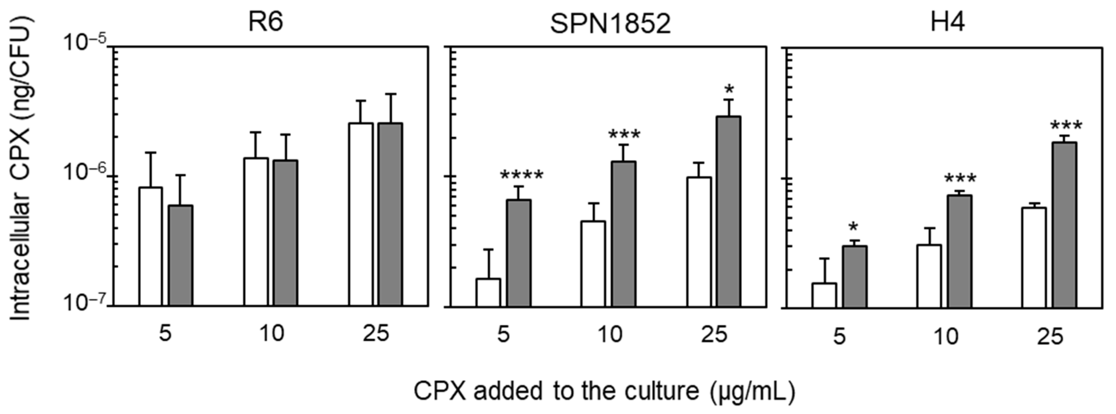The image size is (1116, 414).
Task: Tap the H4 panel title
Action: click(947, 22)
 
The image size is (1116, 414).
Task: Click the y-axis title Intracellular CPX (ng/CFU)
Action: click(20, 169)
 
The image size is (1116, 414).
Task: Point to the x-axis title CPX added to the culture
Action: click(604, 391)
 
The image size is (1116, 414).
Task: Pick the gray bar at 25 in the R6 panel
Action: click(390, 215)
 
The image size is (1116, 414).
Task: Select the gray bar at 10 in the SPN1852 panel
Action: click(624, 234)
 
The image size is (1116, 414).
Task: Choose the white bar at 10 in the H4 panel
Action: click(929, 276)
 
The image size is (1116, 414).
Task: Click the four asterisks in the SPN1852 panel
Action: click(521, 176)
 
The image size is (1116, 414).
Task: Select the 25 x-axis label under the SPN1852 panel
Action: click(713, 335)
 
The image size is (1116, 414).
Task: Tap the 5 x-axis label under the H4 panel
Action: click(839, 337)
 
